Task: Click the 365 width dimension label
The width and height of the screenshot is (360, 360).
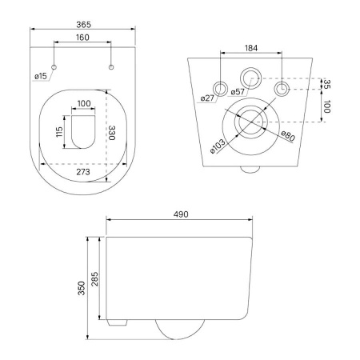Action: [83, 25]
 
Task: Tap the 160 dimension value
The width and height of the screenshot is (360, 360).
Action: [82, 38]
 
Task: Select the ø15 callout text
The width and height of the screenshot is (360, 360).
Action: [41, 76]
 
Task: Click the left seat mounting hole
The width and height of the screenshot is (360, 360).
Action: [54, 67]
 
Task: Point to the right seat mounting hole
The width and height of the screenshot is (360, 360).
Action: [111, 67]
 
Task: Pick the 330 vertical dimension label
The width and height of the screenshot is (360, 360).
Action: [112, 133]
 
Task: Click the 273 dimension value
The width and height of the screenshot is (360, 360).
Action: [83, 172]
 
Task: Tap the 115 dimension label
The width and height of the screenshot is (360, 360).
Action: [59, 132]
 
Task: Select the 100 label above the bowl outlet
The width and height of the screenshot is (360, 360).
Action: [84, 103]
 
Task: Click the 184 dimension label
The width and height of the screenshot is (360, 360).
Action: [251, 48]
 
